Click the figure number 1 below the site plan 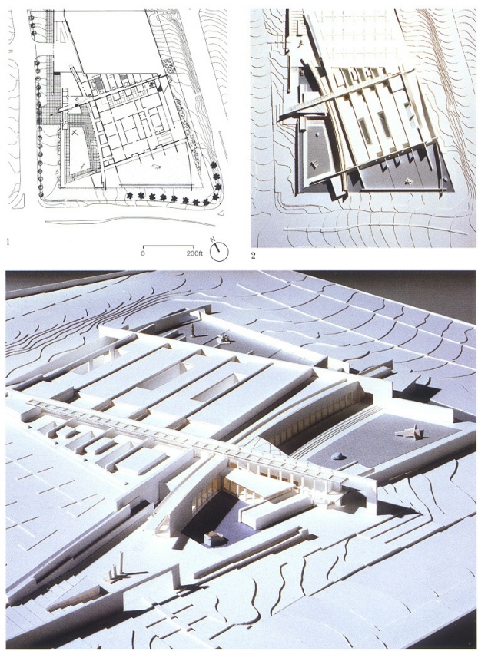(x=8, y=241)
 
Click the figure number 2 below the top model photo (x=253, y=256)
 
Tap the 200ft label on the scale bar (x=194, y=253)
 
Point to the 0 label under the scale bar (x=143, y=253)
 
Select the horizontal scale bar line (x=168, y=246)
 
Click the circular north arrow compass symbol (x=219, y=251)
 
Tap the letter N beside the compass (x=212, y=240)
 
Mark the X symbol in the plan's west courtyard (x=75, y=133)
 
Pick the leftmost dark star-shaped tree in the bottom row (x=130, y=195)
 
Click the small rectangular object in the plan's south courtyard (x=158, y=167)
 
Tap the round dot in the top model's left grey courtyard (x=317, y=134)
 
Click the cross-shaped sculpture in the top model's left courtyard (x=314, y=163)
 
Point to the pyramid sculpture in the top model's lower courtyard (x=409, y=180)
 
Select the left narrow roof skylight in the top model (x=365, y=131)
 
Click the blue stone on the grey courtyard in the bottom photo (x=338, y=456)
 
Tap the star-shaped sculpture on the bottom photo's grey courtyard (x=409, y=433)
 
